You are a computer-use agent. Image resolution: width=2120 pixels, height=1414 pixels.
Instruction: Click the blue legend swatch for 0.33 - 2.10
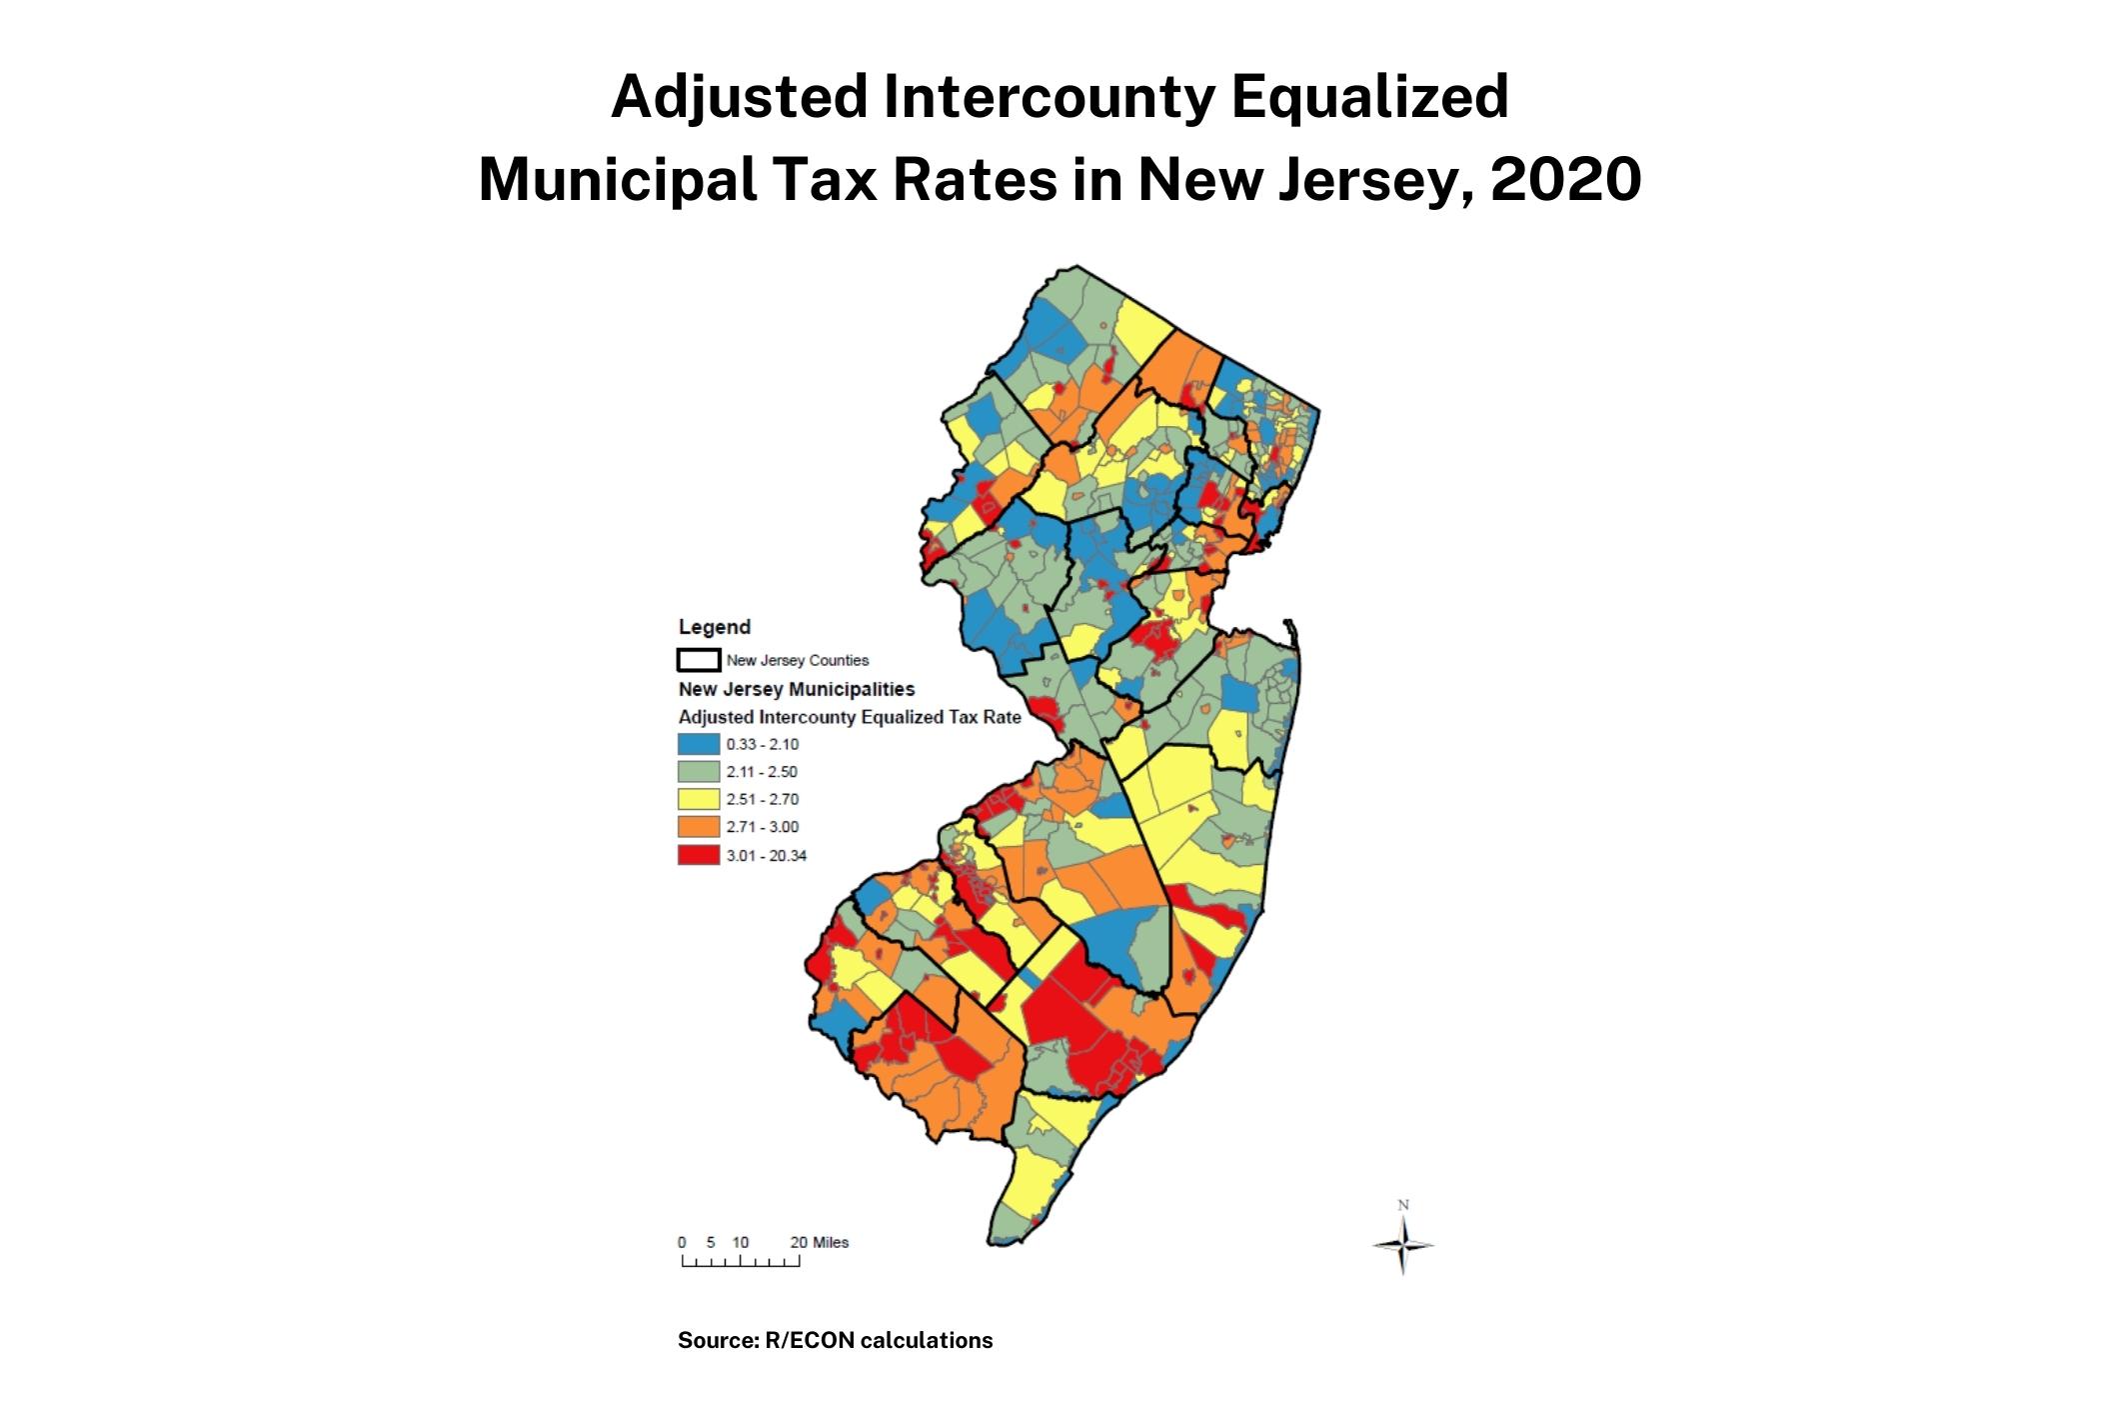tap(698, 744)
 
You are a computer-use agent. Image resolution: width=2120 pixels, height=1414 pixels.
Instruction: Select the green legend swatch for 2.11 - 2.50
tap(698, 772)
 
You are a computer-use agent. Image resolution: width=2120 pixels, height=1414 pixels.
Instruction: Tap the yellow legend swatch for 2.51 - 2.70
tap(698, 799)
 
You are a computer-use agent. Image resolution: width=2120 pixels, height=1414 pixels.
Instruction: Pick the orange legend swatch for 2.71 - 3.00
tap(698, 827)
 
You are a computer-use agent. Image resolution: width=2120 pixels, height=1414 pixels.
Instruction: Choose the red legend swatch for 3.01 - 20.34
tap(698, 855)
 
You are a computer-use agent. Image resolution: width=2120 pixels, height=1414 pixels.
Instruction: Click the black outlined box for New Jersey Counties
tap(698, 660)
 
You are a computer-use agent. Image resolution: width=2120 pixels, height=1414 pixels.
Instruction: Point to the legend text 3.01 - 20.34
tap(766, 855)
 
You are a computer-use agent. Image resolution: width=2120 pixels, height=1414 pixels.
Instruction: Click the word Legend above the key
tap(714, 627)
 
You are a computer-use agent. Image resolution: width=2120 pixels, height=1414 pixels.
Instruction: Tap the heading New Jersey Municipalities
tap(796, 689)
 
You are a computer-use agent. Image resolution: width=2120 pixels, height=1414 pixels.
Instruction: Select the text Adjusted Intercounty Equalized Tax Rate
tap(849, 717)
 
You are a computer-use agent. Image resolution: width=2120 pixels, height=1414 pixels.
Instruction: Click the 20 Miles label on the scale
tap(819, 1242)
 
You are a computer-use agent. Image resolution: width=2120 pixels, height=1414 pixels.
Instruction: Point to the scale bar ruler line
tap(741, 1262)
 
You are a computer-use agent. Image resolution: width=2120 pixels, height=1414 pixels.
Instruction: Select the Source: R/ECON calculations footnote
tap(835, 1340)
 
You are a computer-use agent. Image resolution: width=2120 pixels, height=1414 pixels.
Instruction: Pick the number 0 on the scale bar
tap(682, 1242)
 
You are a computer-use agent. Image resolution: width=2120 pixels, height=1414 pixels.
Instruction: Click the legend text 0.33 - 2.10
tap(762, 744)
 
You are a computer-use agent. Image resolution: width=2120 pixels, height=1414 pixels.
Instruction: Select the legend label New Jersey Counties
tap(797, 660)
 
